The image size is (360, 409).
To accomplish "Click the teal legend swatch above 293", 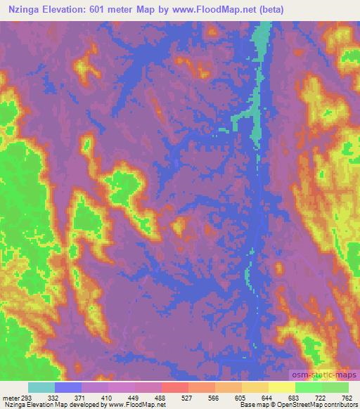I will (x=41, y=387).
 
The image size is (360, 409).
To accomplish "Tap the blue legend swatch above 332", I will (x=67, y=387).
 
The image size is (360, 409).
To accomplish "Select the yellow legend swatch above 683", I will (x=281, y=387).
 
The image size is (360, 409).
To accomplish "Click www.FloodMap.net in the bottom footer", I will (x=137, y=405).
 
